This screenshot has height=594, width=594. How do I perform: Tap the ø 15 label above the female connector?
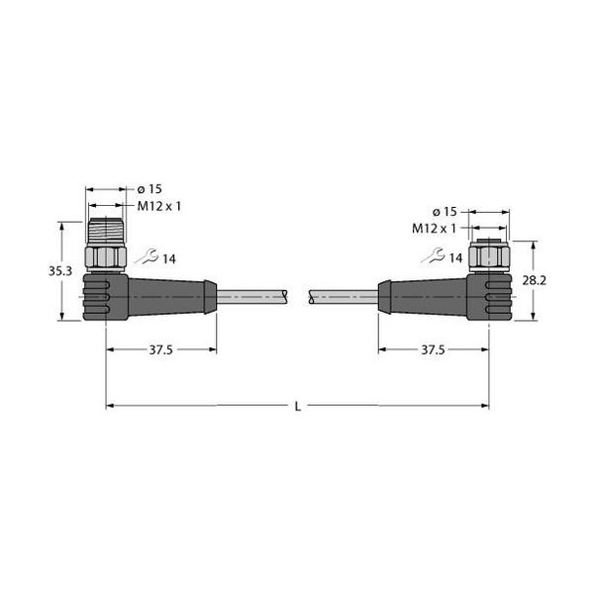(x=445, y=212)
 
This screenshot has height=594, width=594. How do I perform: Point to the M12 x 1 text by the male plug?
(x=158, y=206)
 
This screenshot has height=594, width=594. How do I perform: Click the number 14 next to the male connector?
(x=168, y=259)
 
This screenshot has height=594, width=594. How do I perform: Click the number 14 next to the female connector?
(x=455, y=258)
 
